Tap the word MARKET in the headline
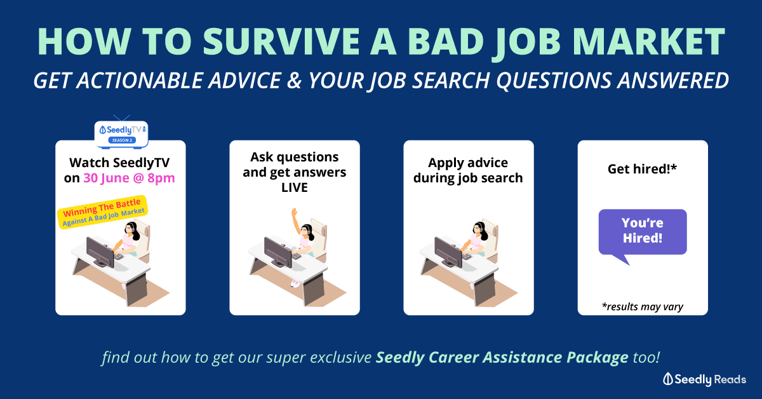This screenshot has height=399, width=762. pyautogui.click(x=649, y=41)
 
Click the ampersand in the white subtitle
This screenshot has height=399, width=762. pyautogui.click(x=294, y=81)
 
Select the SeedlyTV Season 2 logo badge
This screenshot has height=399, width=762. pyautogui.click(x=121, y=134)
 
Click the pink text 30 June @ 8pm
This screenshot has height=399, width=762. pyautogui.click(x=130, y=178)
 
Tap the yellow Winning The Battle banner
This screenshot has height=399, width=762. pyautogui.click(x=102, y=212)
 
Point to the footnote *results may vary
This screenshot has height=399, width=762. pyautogui.click(x=643, y=306)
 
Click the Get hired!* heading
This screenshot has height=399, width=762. pyautogui.click(x=642, y=169)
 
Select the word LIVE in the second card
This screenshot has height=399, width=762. pyautogui.click(x=295, y=187)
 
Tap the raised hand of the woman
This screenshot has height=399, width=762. pyautogui.click(x=294, y=212)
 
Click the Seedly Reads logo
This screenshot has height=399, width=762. pyautogui.click(x=704, y=379)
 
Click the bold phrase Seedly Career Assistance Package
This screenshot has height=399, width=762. pyautogui.click(x=502, y=358)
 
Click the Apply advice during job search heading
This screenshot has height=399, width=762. pyautogui.click(x=468, y=170)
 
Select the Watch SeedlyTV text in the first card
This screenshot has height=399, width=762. pyautogui.click(x=119, y=163)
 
